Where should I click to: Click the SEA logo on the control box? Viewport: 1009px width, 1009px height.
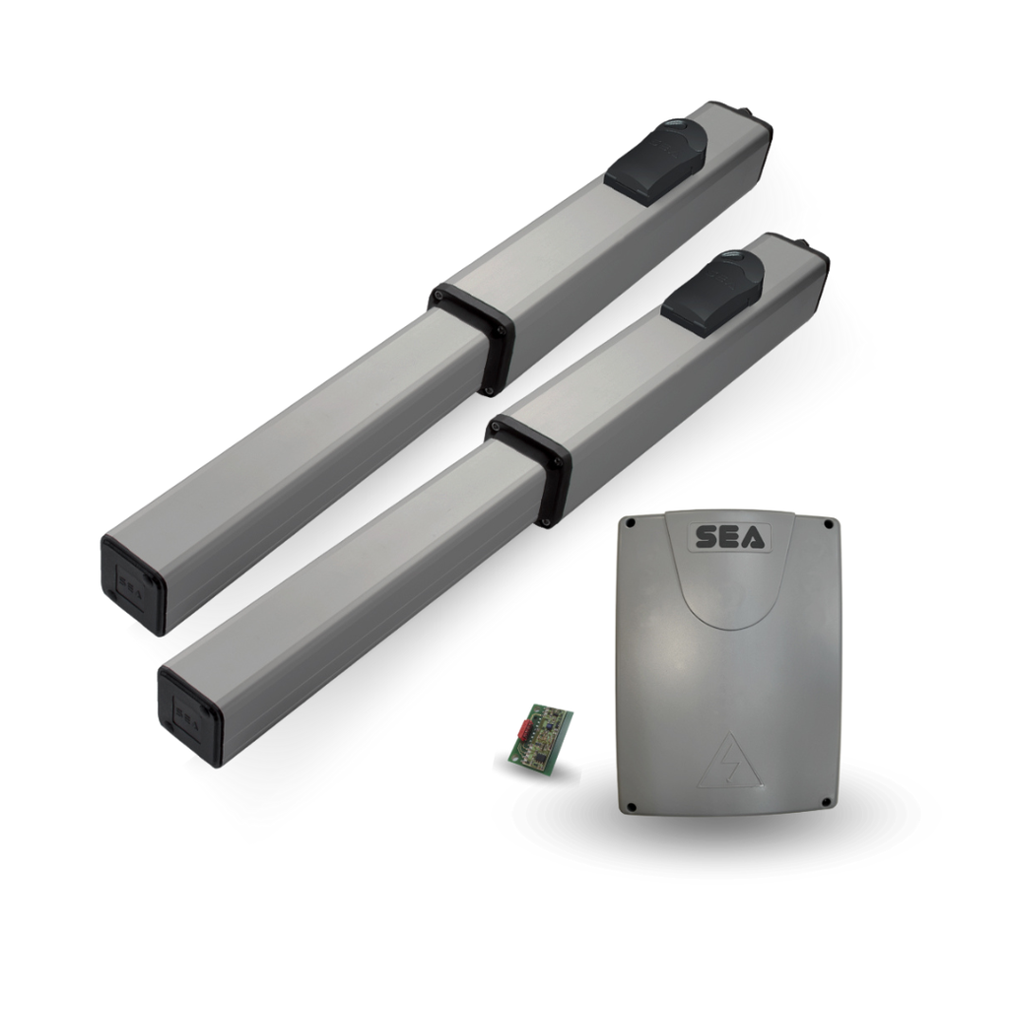732,537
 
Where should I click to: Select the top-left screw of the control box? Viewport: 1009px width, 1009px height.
632,524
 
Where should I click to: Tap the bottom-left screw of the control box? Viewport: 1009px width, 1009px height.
631,807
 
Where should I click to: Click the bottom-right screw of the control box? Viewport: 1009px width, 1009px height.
827,802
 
